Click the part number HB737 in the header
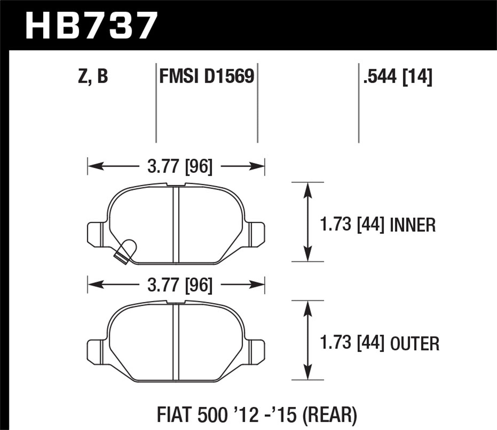[x=90, y=25]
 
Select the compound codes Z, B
[x=93, y=77]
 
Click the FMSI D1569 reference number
[x=207, y=77]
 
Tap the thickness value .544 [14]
[x=398, y=77]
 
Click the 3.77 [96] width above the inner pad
[x=179, y=166]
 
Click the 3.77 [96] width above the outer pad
[x=179, y=285]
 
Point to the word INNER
[x=413, y=225]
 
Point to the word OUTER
[x=415, y=344]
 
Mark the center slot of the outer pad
[x=176, y=342]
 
